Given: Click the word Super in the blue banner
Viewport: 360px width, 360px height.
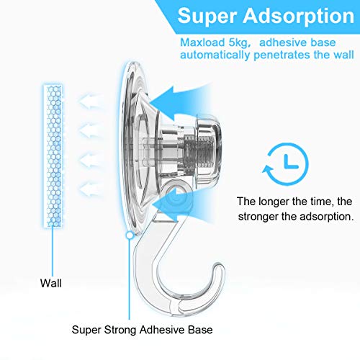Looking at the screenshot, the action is tap(208, 16).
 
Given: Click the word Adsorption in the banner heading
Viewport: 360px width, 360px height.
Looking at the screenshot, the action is tap(299, 17).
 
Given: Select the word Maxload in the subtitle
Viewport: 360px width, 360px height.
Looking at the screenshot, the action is tap(202, 42).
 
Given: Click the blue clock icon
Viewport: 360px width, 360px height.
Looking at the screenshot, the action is tap(286, 164).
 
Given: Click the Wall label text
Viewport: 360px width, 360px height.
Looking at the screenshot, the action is tap(51, 283).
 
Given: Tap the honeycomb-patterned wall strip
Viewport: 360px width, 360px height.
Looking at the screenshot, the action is tap(53, 156).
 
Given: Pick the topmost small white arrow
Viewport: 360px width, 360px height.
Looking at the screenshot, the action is tap(89, 101).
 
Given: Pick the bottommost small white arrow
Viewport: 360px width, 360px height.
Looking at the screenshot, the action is tap(89, 189).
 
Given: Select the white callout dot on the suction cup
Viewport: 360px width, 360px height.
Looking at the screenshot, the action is tap(130, 235).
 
